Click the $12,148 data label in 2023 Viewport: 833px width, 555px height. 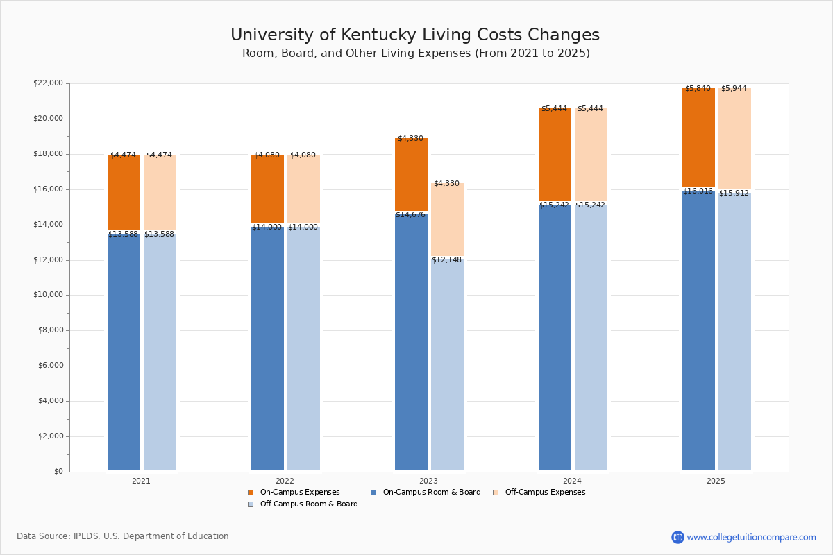446,260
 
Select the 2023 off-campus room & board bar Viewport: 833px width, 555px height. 447,368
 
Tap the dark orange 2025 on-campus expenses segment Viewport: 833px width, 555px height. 698,139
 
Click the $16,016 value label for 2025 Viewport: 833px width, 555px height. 698,191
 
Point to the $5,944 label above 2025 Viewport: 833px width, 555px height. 734,89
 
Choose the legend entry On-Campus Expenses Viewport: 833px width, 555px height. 300,493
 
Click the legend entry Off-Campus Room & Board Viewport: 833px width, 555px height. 309,504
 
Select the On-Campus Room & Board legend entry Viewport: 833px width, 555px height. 432,493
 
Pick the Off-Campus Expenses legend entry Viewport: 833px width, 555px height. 545,493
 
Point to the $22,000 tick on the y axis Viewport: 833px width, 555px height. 48,83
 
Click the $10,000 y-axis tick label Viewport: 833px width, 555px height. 48,295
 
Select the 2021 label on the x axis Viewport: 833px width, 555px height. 141,481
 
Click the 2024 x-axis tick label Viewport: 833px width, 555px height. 572,481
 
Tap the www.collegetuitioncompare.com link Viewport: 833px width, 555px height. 751,538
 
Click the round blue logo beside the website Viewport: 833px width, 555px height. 678,538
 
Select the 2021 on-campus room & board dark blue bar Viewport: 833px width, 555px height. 124,354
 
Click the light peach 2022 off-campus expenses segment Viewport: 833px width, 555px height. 303,189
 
